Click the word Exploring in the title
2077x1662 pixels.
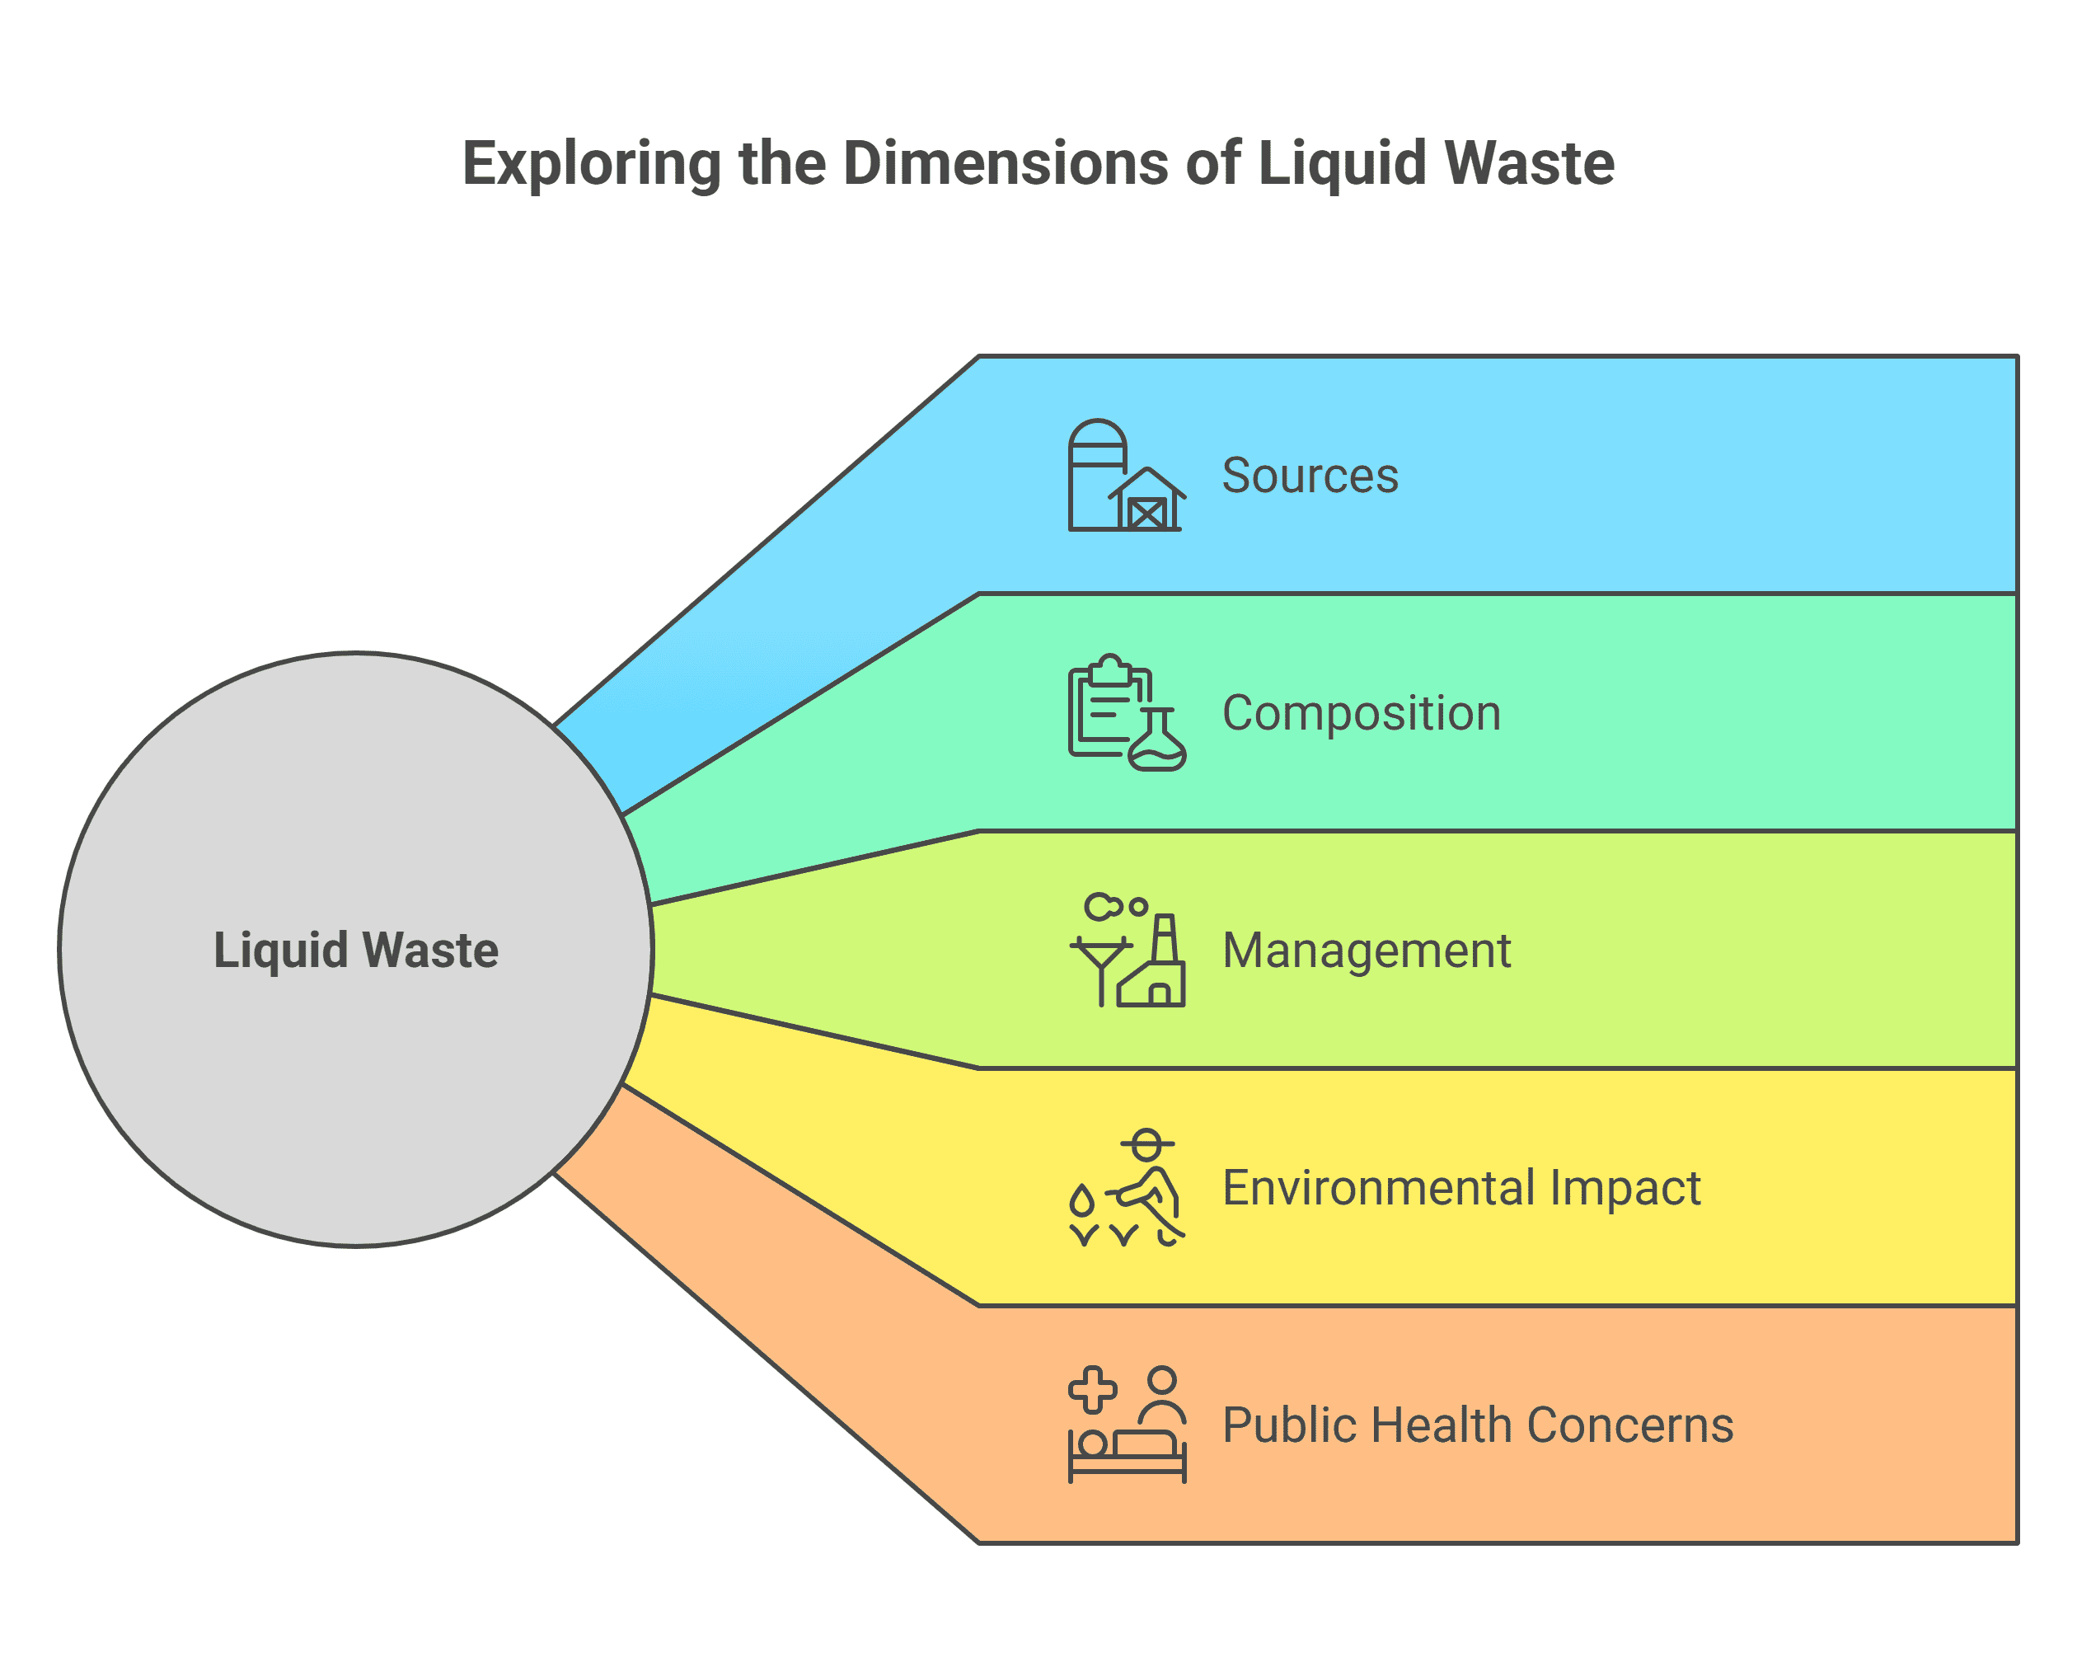point(590,164)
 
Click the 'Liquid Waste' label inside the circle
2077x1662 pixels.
point(355,950)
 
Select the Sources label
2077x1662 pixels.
point(1309,475)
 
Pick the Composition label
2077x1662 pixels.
point(1360,713)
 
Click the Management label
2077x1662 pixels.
point(1366,950)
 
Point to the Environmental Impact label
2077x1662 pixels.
point(1460,1187)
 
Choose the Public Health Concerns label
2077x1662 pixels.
point(1477,1425)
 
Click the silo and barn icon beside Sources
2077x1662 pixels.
point(1125,475)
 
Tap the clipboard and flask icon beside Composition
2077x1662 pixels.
point(1125,713)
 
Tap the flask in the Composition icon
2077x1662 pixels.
point(1157,742)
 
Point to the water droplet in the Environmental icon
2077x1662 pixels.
point(1082,1200)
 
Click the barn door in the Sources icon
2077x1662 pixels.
point(1147,514)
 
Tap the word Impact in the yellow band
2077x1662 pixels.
point(1625,1187)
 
